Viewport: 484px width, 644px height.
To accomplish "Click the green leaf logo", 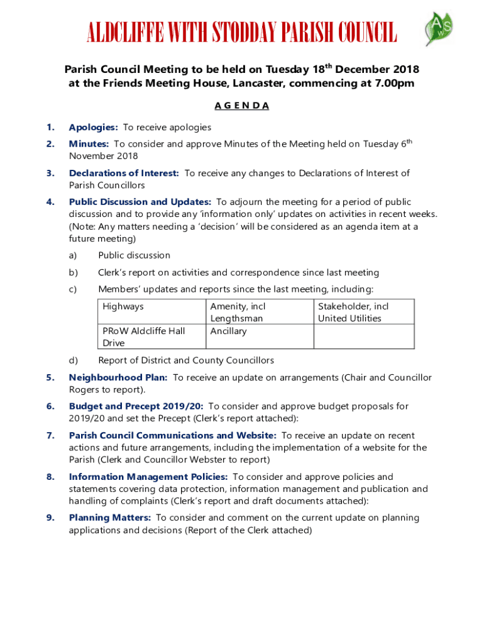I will click(x=439, y=29).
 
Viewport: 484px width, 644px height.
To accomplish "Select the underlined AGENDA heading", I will click(x=242, y=106).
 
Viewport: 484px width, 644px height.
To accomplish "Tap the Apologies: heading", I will click(x=93, y=128).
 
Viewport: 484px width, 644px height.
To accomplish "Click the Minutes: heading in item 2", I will click(x=89, y=144).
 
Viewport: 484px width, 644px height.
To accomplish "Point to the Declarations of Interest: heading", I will click(x=124, y=173).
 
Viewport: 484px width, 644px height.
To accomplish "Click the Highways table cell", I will click(x=123, y=306).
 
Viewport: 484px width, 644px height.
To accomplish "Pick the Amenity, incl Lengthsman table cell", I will click(x=238, y=312).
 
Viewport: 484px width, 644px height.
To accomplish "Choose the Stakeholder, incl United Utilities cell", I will click(x=353, y=312).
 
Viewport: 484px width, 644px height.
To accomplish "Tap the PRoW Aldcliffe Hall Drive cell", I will click(x=143, y=336).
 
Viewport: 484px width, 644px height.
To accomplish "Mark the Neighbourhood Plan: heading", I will click(x=118, y=377).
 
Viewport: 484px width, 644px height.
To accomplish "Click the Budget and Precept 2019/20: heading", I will click(x=136, y=406).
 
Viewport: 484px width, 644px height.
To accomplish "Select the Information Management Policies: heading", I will click(x=148, y=477).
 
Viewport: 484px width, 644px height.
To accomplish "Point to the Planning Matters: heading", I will click(x=109, y=518).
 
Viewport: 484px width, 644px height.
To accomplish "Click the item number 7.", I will click(x=50, y=435).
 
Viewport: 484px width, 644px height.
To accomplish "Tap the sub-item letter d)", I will click(x=73, y=360).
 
